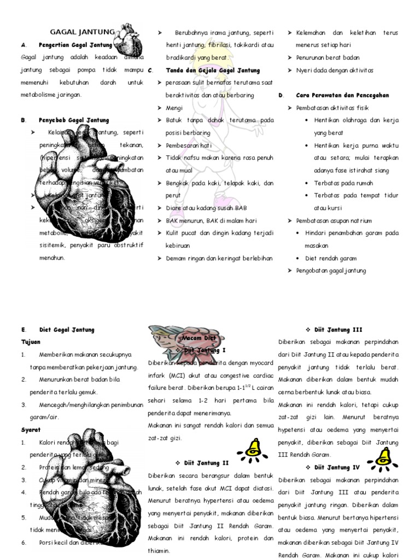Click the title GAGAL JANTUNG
(83, 32)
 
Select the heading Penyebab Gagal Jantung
(74, 120)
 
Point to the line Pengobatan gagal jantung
(331, 271)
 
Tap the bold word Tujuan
(31, 342)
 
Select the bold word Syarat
(31, 430)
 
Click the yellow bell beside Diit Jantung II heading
(252, 448)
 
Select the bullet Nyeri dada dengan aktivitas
(334, 70)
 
